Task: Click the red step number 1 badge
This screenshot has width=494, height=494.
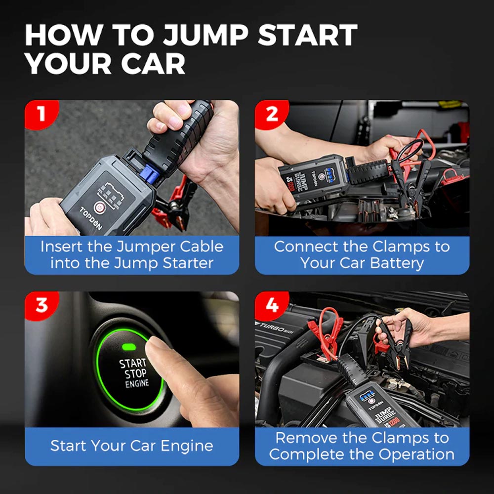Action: [x=41, y=114]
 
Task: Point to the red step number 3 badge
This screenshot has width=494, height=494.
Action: [x=41, y=305]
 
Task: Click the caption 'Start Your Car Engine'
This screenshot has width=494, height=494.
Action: [x=132, y=446]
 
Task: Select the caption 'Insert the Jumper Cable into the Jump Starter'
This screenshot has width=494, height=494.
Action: [x=132, y=254]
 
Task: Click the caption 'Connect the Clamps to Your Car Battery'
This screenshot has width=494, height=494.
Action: [x=362, y=254]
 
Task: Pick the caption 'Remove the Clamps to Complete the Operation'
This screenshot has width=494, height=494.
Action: [x=362, y=446]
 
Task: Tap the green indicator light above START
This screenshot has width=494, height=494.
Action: [x=130, y=347]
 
